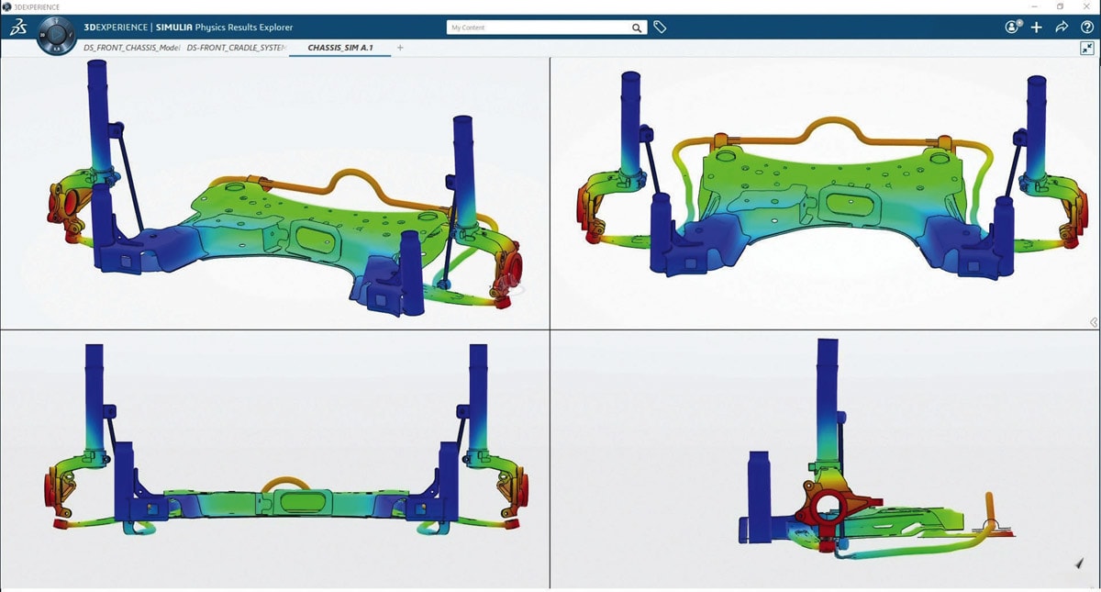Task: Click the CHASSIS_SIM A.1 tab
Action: click(x=339, y=48)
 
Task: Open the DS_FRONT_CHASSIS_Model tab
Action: click(x=130, y=48)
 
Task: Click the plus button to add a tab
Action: click(x=400, y=48)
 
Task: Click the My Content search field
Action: click(x=537, y=28)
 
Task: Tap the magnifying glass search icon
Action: click(x=637, y=28)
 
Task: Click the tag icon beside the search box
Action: click(x=660, y=28)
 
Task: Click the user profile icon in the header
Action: click(x=1013, y=28)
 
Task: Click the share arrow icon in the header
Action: click(x=1062, y=28)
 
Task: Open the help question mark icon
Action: click(x=1086, y=28)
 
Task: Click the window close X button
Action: click(x=1086, y=6)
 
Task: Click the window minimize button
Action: click(x=1034, y=6)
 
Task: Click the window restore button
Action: click(x=1061, y=6)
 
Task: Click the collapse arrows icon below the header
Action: click(x=1086, y=48)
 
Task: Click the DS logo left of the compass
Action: click(x=18, y=28)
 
